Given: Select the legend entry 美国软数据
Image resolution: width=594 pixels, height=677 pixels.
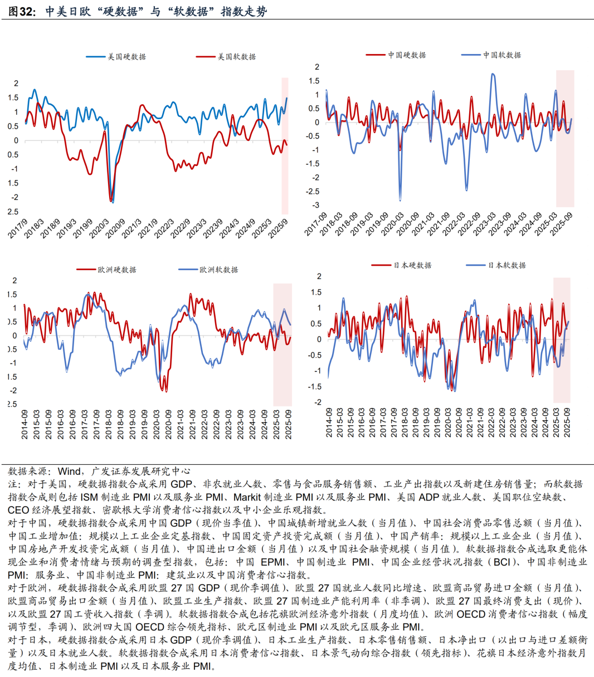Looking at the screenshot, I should pos(236,57).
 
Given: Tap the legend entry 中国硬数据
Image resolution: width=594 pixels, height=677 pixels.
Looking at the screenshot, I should pos(407,55).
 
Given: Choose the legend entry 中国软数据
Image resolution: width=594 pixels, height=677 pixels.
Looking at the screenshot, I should pos(502,55).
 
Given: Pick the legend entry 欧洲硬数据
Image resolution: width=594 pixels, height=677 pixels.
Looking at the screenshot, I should pos(116,269).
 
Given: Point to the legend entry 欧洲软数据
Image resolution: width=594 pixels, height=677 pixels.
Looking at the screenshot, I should pos(218,269).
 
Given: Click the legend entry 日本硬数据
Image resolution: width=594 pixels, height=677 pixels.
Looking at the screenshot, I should pos(412,265).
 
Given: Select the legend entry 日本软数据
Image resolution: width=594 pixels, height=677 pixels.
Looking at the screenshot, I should pos(507,265).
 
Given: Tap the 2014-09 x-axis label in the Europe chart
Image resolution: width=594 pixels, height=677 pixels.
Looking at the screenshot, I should pos(25,424).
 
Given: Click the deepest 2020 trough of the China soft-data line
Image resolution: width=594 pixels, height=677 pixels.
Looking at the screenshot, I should pos(400,199).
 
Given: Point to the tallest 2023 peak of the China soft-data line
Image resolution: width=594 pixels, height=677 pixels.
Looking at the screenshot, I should pos(493,74).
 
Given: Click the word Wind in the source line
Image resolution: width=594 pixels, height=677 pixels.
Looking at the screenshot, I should pos(69,471).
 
